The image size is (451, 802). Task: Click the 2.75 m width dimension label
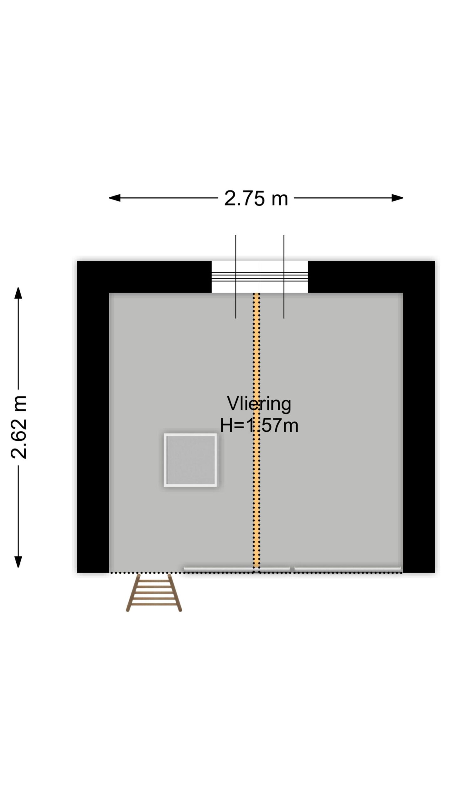point(256,198)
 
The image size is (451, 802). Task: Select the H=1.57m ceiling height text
point(259,425)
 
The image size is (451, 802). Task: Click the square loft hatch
point(190,460)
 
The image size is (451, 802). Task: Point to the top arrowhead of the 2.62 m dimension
point(18,293)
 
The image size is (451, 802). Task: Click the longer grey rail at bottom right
point(348,569)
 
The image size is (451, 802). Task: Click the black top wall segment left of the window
point(144,276)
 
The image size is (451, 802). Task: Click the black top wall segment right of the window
point(371,276)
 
